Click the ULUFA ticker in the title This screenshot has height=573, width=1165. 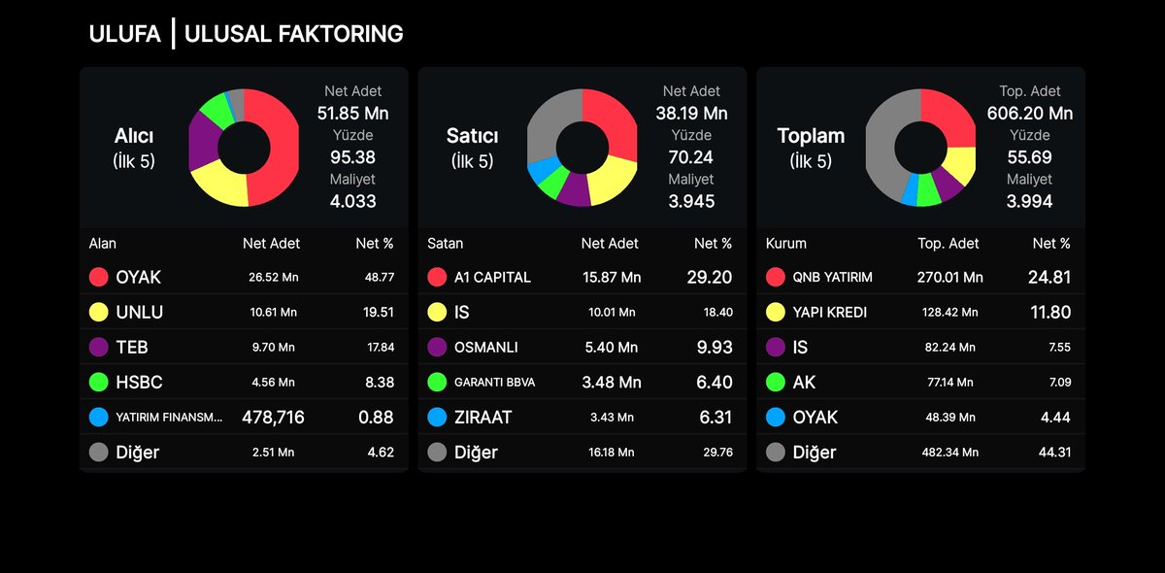(x=124, y=34)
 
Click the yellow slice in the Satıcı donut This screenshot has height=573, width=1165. (x=613, y=181)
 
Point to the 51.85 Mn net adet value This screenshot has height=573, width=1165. (x=352, y=113)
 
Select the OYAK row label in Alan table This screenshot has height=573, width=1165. (x=138, y=277)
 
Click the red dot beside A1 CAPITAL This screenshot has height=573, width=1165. (x=437, y=277)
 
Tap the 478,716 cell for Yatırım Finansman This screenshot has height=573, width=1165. (x=273, y=417)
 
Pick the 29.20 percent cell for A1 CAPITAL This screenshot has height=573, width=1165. (x=710, y=277)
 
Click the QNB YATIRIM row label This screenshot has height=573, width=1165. (x=833, y=277)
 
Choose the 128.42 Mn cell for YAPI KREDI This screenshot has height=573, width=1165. (x=949, y=312)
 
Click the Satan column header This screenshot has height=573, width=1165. (x=446, y=244)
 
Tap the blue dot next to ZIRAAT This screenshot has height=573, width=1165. (x=437, y=417)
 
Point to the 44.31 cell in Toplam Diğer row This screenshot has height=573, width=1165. (x=1052, y=452)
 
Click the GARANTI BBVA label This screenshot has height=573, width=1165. (x=494, y=382)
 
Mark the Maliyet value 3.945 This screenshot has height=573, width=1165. (x=691, y=201)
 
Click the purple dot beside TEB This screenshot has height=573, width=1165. (x=98, y=347)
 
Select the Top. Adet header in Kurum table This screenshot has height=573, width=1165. (x=949, y=244)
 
